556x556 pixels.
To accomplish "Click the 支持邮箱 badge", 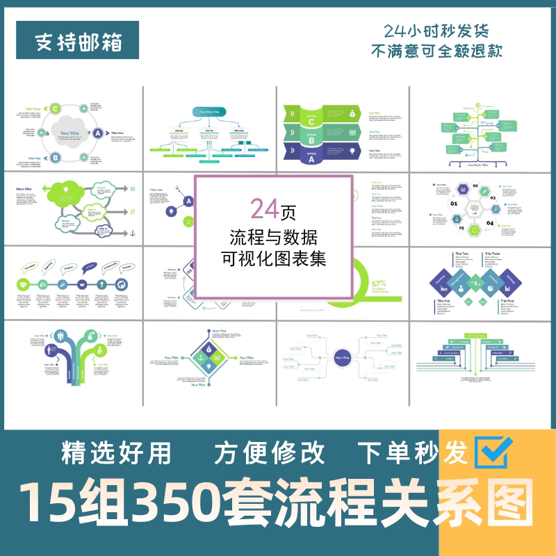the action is [79, 42].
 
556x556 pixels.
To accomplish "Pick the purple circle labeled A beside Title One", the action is [99, 133].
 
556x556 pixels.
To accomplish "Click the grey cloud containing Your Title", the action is [69, 132].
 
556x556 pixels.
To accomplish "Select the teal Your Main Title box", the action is [210, 112].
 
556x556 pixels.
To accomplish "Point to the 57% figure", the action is [379, 284].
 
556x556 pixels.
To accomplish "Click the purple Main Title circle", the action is [342, 357].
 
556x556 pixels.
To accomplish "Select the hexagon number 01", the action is [454, 205].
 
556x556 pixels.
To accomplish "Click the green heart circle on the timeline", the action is [24, 285].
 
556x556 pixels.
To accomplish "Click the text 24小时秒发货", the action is [436, 31].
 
